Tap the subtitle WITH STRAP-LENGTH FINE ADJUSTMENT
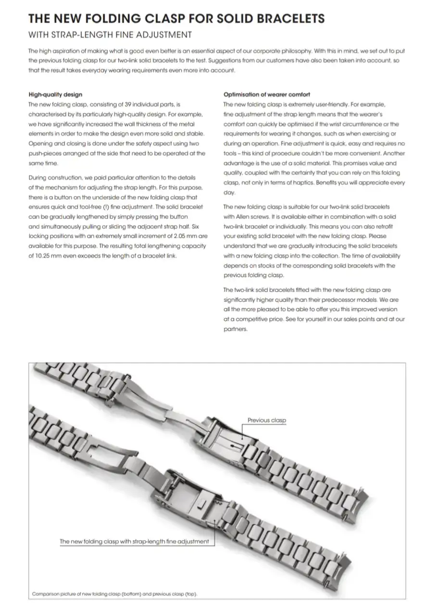click(110, 35)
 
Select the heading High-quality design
click(55, 95)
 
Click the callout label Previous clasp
click(266, 420)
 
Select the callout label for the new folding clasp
click(134, 541)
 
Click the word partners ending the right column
click(236, 329)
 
